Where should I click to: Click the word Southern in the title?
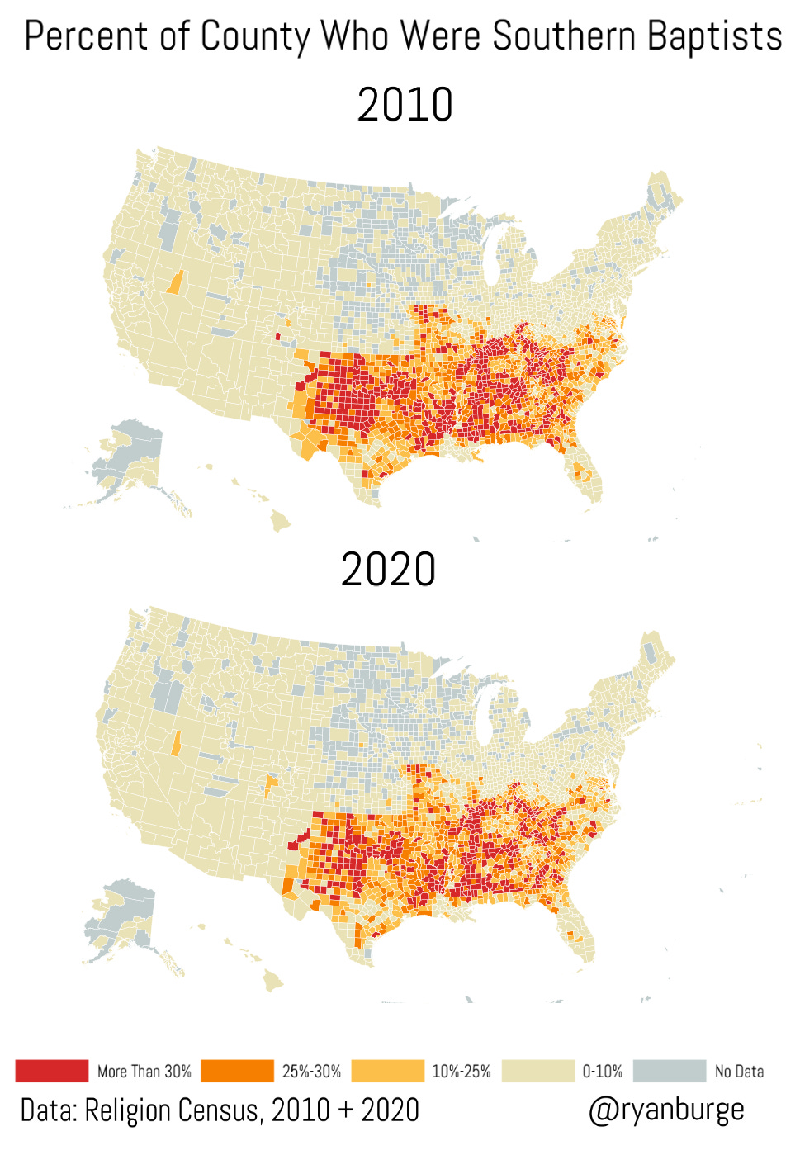pos(565,36)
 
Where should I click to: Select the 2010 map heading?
pos(405,105)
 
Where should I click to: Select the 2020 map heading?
pos(388,570)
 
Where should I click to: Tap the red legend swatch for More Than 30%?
pos(51,1071)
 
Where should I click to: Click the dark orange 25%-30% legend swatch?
pos(237,1071)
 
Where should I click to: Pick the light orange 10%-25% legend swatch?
pos(387,1071)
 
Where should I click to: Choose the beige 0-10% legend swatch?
pos(537,1071)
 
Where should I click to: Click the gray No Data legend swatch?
pos(670,1071)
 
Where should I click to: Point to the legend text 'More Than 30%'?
pos(144,1072)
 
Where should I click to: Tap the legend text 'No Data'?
pos(739,1072)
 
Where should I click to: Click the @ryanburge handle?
pos(665,1110)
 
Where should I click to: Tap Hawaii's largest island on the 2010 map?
pos(280,520)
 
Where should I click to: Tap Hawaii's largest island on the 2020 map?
pos(272,980)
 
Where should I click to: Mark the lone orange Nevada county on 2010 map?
pos(174,282)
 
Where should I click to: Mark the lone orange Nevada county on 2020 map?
pos(175,743)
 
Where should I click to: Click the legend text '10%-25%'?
pos(461,1072)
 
